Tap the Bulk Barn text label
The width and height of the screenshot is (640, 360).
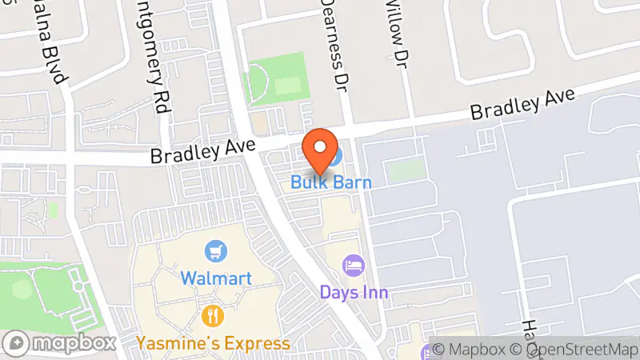coord(330,182)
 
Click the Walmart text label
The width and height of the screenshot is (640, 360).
coord(216,278)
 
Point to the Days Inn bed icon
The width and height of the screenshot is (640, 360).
coord(354,265)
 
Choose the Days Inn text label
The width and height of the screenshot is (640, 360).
coord(354,292)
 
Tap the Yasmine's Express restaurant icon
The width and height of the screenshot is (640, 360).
coord(212,316)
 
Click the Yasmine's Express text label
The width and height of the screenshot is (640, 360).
coord(213,343)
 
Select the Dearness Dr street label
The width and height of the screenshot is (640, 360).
coord(336,44)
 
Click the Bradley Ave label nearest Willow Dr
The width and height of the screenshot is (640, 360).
coord(522,104)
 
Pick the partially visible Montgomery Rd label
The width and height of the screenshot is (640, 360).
coord(154,48)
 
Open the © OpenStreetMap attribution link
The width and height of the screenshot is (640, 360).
coord(578,350)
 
